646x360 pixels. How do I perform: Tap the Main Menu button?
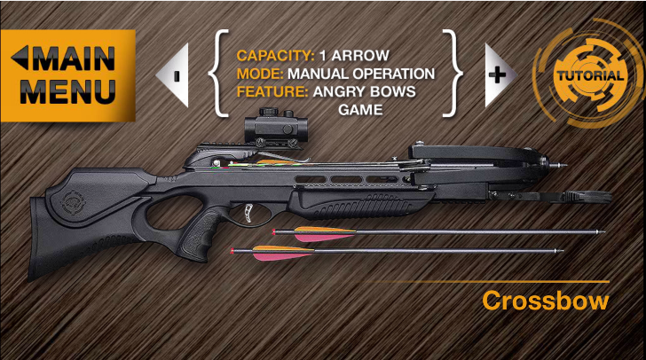pos(68,75)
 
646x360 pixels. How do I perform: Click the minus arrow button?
pos(173,75)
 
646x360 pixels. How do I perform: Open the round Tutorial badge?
pos(590,75)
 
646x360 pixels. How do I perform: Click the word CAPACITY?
pos(275,56)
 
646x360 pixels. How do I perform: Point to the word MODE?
pos(260,74)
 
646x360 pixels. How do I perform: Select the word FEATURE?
pos(272,91)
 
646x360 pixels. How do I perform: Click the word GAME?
pos(360,110)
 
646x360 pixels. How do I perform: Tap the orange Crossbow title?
pos(545,301)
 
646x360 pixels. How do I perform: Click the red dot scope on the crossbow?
pos(276,127)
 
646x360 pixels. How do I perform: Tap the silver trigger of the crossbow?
pos(248,213)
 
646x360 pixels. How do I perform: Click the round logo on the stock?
pos(75,202)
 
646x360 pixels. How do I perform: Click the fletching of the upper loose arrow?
pos(324,234)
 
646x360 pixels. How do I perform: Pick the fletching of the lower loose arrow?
pos(282,253)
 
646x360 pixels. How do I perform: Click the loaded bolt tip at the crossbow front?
pos(559,165)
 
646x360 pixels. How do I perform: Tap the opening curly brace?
pos(218,74)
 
